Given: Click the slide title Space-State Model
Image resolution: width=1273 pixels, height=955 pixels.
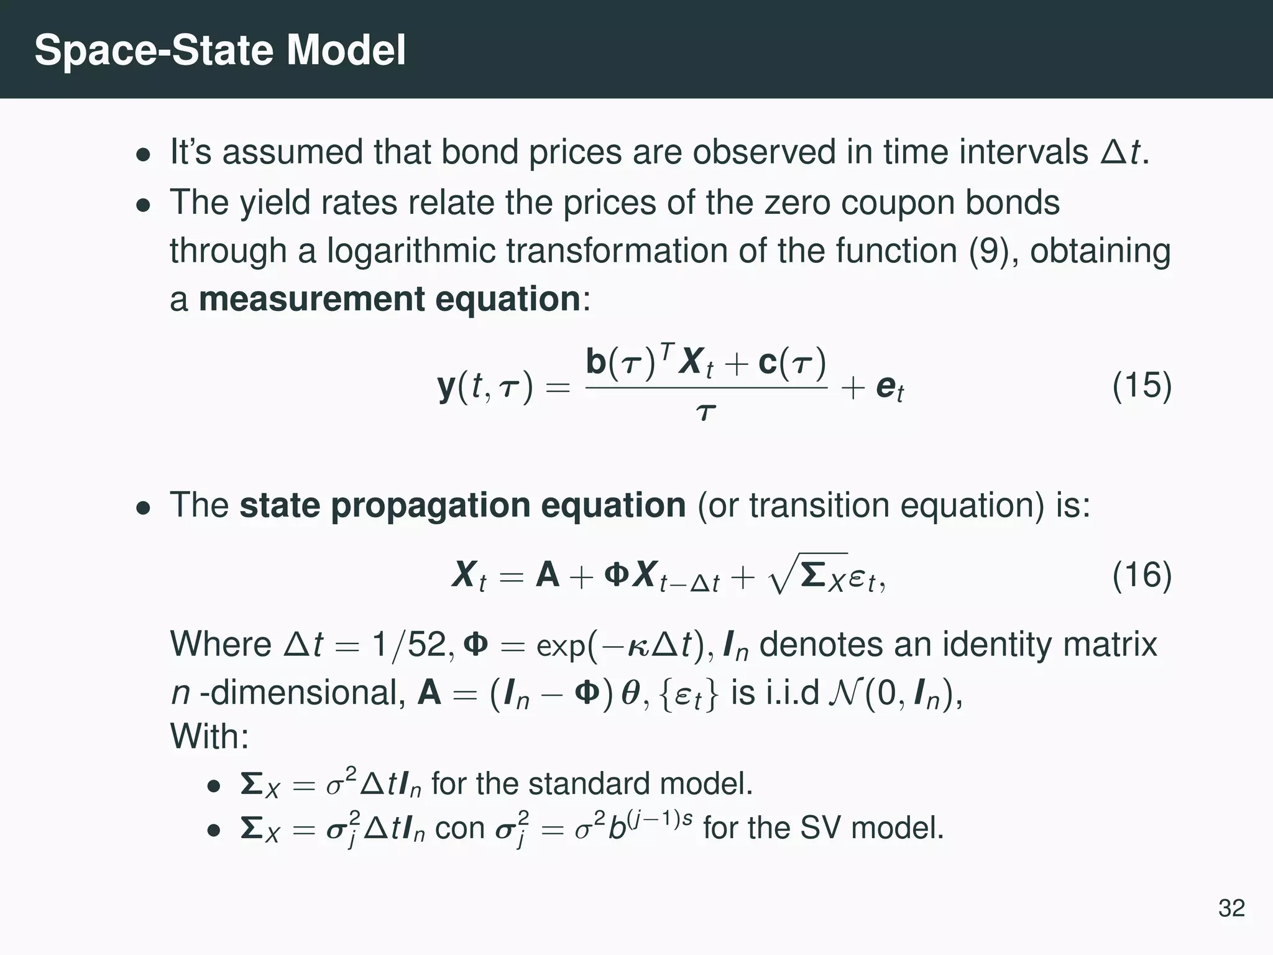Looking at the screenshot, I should tap(220, 50).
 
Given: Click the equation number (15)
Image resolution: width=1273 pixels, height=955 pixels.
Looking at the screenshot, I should tap(1142, 386).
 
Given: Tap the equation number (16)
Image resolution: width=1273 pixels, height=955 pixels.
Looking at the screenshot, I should tap(1142, 575).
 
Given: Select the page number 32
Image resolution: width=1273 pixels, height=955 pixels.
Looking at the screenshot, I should tap(1231, 908).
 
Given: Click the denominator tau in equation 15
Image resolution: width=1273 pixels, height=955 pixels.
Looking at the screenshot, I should tap(705, 412).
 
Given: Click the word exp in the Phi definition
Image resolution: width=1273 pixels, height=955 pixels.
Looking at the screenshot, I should tap(560, 646).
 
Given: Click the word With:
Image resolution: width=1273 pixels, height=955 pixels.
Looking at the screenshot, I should tap(209, 737).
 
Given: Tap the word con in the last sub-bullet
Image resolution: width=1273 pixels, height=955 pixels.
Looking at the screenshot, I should tap(459, 828).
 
